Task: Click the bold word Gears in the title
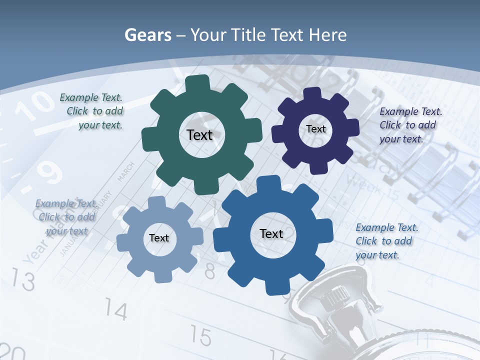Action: pyautogui.click(x=148, y=35)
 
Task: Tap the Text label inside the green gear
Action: pyautogui.click(x=199, y=135)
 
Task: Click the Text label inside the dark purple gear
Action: pyautogui.click(x=316, y=129)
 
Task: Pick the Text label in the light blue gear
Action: pyautogui.click(x=159, y=238)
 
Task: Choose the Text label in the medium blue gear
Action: pyautogui.click(x=271, y=233)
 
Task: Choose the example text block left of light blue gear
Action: pyautogui.click(x=66, y=217)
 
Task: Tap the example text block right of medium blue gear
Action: pyautogui.click(x=385, y=241)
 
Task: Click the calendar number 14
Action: pyautogui.click(x=116, y=311)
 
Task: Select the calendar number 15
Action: pyautogui.click(x=201, y=336)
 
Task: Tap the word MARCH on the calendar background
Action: pyautogui.click(x=126, y=171)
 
